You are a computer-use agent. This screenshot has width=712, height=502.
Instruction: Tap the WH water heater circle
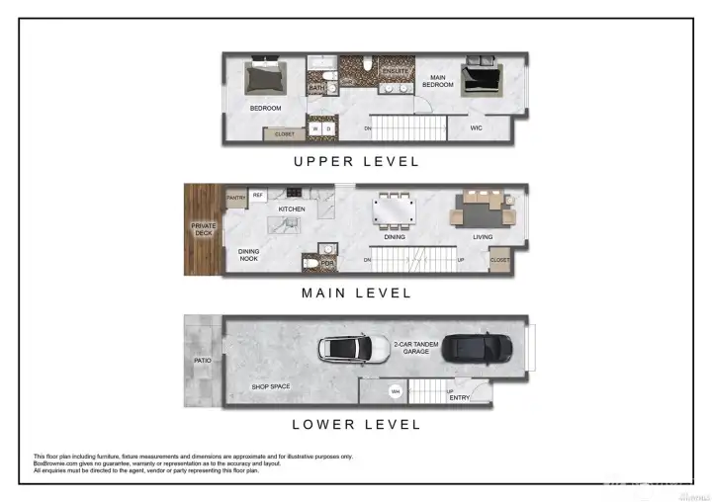pyautogui.click(x=396, y=391)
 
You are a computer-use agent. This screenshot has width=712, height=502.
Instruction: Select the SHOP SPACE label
pyautogui.click(x=271, y=386)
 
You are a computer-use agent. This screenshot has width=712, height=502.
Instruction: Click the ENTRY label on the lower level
pyautogui.click(x=460, y=397)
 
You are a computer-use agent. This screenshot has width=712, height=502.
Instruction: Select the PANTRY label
pyautogui.click(x=235, y=196)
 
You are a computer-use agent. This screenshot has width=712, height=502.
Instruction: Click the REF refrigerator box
pyautogui.click(x=258, y=196)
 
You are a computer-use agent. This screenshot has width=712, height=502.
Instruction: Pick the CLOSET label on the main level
pyautogui.click(x=500, y=261)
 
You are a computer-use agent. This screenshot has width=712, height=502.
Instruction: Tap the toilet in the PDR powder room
pyautogui.click(x=310, y=264)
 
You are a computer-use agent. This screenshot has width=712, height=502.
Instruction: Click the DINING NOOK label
pyautogui.click(x=249, y=255)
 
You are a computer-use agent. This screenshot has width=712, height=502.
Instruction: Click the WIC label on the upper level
pyautogui.click(x=476, y=126)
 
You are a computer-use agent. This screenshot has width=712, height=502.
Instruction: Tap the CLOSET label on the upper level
pyautogui.click(x=284, y=133)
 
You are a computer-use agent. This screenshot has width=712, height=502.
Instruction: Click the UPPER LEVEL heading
pyautogui.click(x=355, y=161)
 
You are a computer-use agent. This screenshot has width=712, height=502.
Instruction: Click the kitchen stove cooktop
pyautogui.click(x=294, y=194)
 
